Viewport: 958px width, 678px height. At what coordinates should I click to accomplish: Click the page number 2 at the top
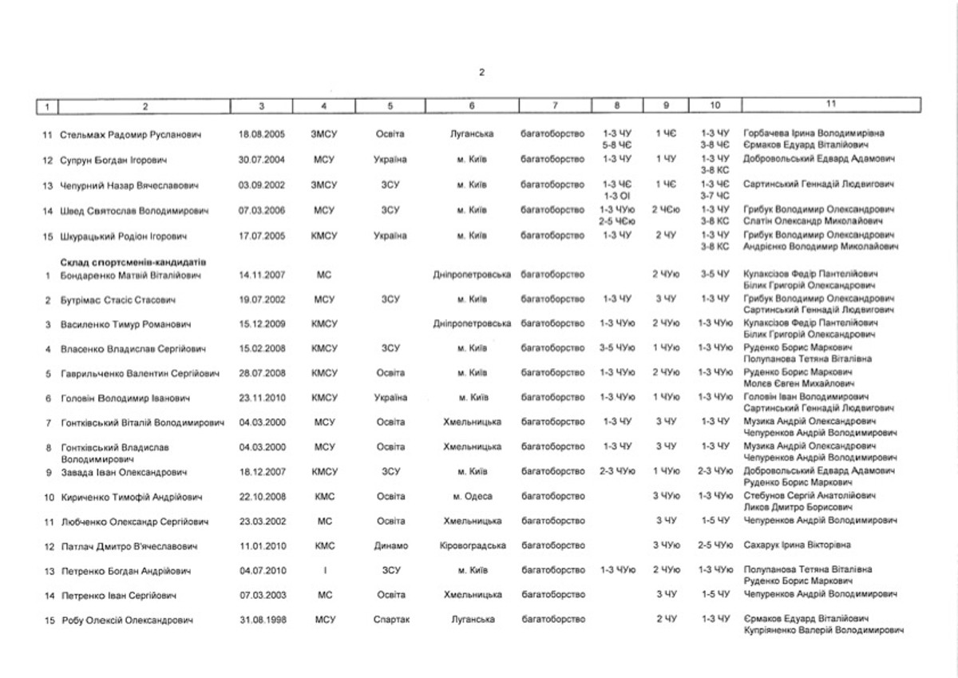click(481, 73)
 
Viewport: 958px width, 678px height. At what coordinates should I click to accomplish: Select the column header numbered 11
click(831, 103)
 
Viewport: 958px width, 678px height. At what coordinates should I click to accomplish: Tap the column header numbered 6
click(472, 104)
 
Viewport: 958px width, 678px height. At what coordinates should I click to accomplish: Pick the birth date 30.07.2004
click(261, 160)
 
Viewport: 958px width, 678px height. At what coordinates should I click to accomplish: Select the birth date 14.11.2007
click(261, 276)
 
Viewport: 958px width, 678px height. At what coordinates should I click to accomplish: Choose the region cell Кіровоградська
click(473, 546)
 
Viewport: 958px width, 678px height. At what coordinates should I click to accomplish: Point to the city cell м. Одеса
click(473, 497)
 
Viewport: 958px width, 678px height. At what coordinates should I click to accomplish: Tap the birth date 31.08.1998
click(261, 620)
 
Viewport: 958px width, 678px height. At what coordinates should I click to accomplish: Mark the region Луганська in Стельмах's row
click(473, 133)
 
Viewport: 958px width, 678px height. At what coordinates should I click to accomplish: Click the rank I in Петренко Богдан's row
click(325, 571)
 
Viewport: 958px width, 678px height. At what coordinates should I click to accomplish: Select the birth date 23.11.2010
click(261, 398)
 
